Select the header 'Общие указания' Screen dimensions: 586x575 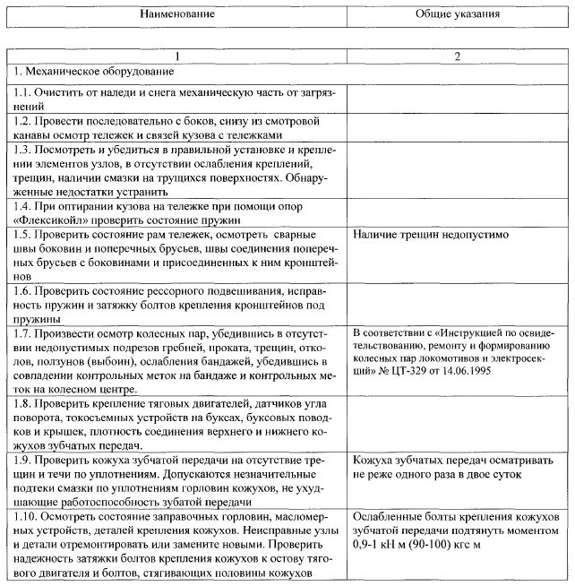(x=459, y=15)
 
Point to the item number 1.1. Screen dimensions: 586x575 (x=22, y=92)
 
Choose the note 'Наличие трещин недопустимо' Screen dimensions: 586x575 (x=431, y=235)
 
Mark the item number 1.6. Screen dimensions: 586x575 (x=22, y=291)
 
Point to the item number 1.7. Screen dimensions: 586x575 (x=22, y=332)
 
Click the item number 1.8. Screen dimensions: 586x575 (x=22, y=403)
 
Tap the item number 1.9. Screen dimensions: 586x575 (x=22, y=459)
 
